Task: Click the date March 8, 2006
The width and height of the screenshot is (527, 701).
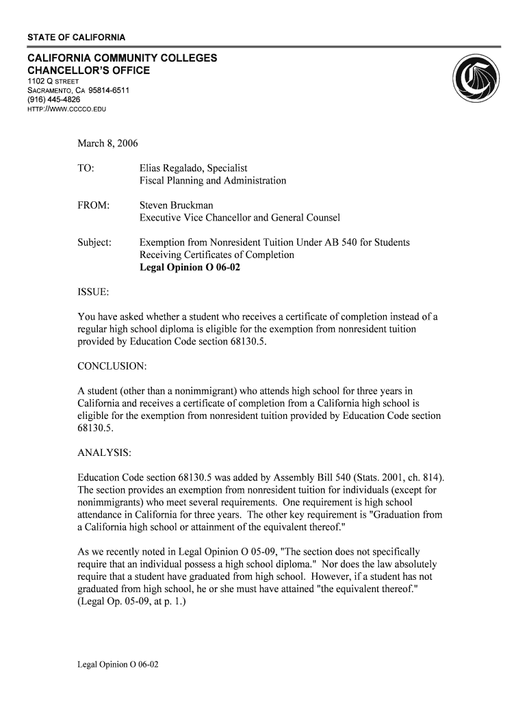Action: (107, 144)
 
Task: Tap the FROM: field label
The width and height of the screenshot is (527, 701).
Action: (94, 205)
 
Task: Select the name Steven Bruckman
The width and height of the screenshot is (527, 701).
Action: (176, 205)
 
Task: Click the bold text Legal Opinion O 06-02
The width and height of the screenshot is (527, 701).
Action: (190, 268)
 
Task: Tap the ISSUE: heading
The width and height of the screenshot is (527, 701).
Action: (93, 292)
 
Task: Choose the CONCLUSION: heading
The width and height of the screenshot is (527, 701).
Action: (112, 366)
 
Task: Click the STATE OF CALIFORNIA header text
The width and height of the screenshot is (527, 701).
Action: (76, 36)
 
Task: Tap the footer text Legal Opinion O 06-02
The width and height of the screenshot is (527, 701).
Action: (118, 664)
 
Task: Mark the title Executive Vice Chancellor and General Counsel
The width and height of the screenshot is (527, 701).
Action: (240, 218)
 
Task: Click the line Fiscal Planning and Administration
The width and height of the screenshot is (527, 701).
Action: (213, 181)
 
